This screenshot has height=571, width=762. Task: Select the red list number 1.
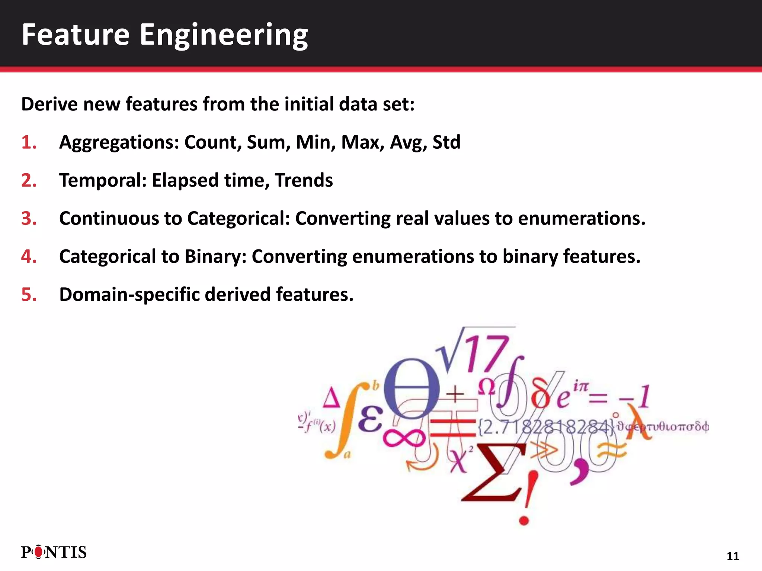(x=28, y=142)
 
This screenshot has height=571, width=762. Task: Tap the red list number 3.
(x=29, y=218)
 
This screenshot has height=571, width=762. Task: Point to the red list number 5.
(x=29, y=294)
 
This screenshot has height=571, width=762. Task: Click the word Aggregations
(x=119, y=142)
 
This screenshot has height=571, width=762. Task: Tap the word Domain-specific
(x=129, y=294)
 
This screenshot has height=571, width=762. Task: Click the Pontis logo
(x=54, y=552)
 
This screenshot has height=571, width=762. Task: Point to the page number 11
(x=733, y=556)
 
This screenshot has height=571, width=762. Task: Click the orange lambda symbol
(x=639, y=422)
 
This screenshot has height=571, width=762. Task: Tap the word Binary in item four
(x=212, y=257)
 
